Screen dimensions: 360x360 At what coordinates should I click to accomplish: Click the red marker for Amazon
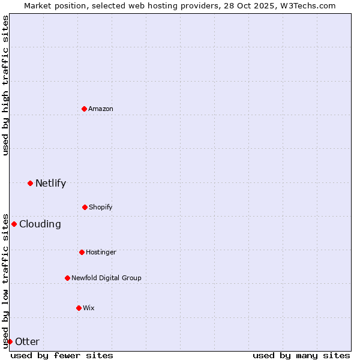click(84, 109)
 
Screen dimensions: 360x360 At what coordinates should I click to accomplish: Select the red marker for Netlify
click(30, 183)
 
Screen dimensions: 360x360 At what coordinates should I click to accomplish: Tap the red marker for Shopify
click(85, 207)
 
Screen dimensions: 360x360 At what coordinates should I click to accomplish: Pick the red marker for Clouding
click(14, 224)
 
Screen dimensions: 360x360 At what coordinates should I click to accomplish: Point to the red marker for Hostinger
click(82, 252)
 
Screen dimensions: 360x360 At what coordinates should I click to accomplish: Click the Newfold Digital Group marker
click(67, 278)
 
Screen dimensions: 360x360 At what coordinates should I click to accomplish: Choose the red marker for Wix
click(79, 308)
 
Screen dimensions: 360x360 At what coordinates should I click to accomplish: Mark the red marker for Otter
click(10, 341)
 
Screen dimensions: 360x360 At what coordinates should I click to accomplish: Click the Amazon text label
click(101, 109)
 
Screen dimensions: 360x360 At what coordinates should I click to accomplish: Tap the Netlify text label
click(50, 183)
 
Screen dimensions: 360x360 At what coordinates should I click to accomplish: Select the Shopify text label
click(101, 207)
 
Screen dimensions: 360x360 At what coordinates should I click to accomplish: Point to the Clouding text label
click(40, 224)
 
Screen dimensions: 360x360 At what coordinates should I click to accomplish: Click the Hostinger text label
click(101, 252)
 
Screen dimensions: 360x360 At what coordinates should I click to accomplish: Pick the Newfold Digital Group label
click(106, 278)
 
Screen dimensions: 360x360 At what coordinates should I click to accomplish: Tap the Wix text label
click(89, 308)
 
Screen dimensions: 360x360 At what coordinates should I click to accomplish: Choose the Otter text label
click(27, 341)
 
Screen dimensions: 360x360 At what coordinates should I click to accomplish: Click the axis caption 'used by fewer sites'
click(62, 355)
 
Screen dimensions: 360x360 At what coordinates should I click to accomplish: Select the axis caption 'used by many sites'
click(301, 355)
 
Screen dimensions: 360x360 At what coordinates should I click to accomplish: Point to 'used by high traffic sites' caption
click(5, 85)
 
